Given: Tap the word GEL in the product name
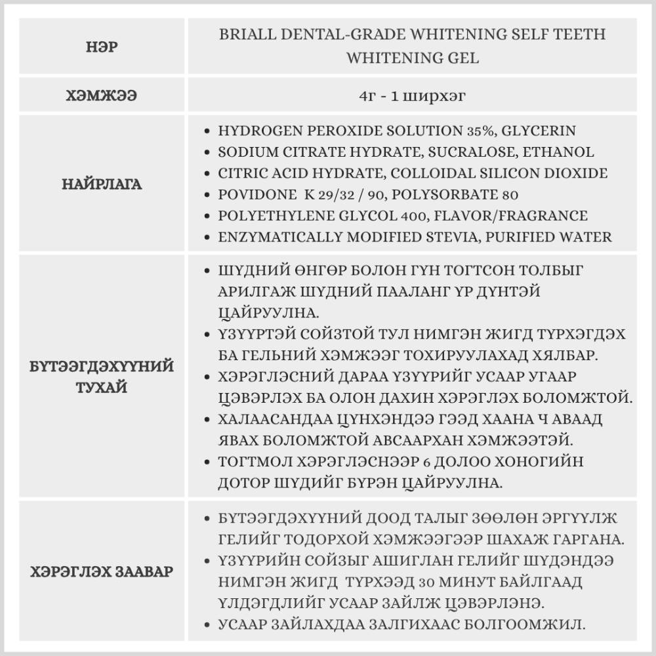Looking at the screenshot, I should coord(464,58).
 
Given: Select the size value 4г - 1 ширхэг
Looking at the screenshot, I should coord(412,95).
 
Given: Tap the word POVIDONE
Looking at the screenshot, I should coord(252,195).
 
